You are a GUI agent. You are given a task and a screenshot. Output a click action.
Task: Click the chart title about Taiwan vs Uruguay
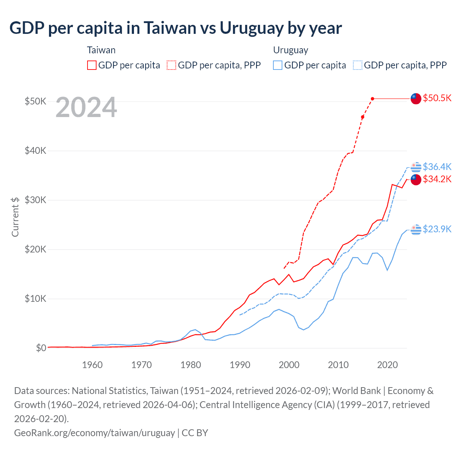click(175, 28)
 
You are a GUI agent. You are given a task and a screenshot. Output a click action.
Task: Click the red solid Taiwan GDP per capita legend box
click(92, 65)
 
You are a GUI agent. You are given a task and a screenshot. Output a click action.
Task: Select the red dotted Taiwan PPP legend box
click(171, 65)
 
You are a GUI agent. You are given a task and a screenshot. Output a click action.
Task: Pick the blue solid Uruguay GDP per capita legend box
click(278, 65)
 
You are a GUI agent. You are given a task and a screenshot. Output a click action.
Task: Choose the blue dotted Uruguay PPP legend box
click(358, 65)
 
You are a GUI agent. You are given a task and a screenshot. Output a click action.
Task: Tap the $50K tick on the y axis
click(35, 101)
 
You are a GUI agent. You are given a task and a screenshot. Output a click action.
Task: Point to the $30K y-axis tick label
click(35, 200)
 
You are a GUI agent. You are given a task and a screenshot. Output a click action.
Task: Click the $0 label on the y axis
click(41, 348)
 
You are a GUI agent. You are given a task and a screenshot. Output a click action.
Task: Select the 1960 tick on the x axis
click(92, 365)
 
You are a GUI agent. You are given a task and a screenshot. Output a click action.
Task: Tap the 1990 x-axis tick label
click(240, 365)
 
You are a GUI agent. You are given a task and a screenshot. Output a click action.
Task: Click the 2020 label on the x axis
click(387, 365)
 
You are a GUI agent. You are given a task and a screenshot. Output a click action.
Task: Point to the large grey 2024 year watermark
click(86, 107)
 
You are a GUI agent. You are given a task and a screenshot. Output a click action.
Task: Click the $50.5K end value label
click(437, 98)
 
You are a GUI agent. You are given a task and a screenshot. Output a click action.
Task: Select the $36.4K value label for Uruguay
click(437, 167)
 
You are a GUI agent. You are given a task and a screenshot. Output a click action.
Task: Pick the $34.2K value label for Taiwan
click(437, 179)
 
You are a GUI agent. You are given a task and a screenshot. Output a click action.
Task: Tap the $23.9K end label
click(437, 229)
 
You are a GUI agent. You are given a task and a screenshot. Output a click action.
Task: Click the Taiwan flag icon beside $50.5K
click(416, 98)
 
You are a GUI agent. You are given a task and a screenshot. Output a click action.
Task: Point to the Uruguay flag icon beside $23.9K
click(416, 229)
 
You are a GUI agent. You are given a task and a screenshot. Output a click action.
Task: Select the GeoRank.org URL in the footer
click(94, 433)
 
